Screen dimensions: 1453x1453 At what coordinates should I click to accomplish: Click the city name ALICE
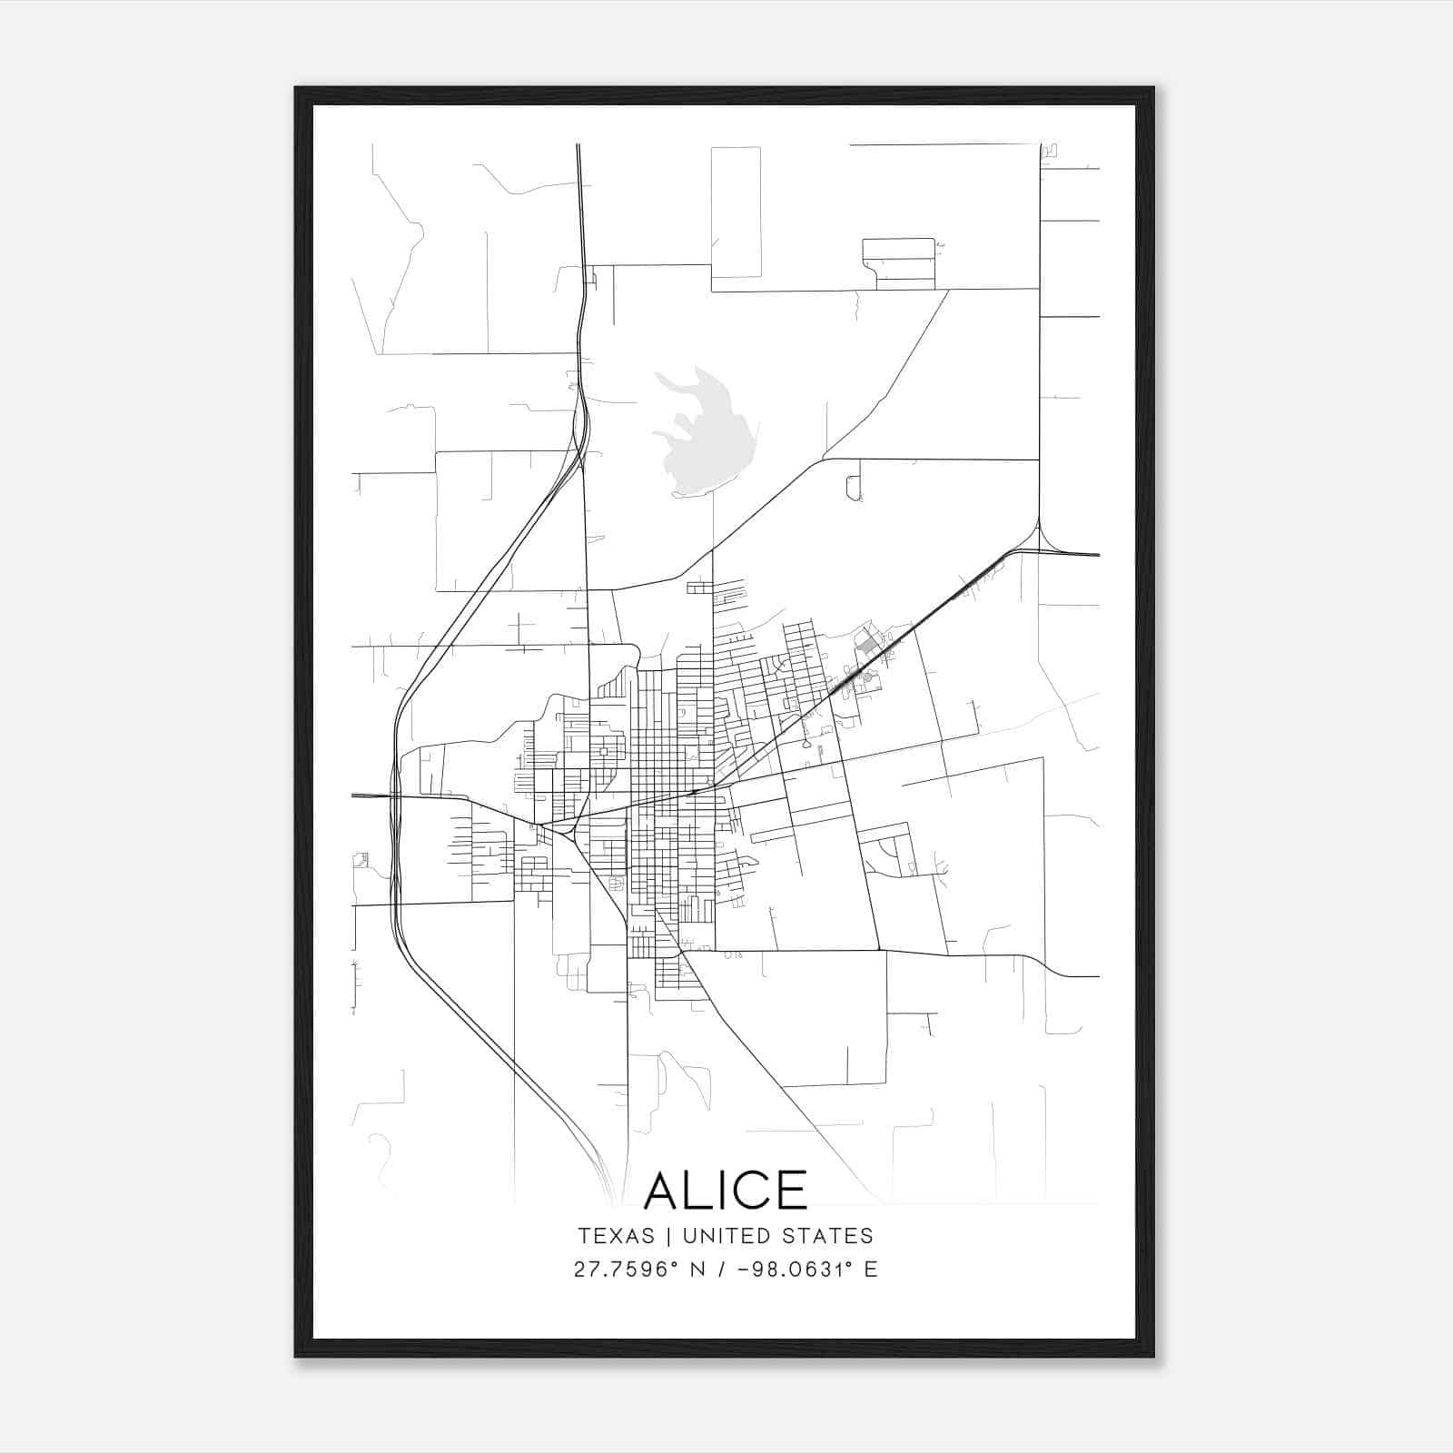pyautogui.click(x=726, y=1191)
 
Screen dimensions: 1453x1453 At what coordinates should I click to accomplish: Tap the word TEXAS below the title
pyautogui.click(x=616, y=1236)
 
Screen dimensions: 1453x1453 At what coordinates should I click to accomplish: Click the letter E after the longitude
pyautogui.click(x=871, y=1270)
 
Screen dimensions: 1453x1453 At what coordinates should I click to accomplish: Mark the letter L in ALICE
pyautogui.click(x=703, y=1191)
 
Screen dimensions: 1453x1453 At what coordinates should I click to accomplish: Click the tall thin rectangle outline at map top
pyautogui.click(x=736, y=212)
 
